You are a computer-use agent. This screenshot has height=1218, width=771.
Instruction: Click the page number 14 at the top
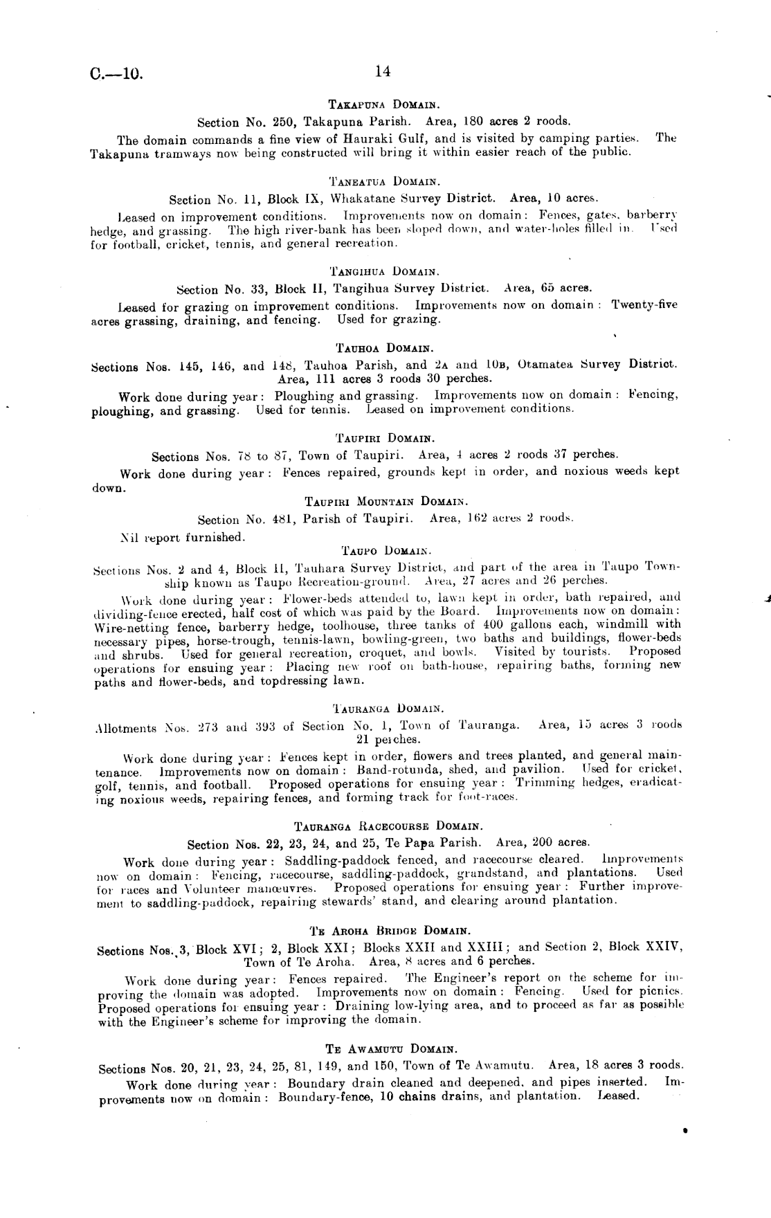click(x=383, y=71)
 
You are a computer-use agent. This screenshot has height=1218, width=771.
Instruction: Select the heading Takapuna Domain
click(x=386, y=105)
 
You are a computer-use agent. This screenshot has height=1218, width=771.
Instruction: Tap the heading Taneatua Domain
click(x=385, y=183)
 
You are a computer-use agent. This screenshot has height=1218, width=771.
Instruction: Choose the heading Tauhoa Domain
click(x=385, y=347)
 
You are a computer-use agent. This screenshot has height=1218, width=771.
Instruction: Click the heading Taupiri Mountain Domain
click(x=386, y=501)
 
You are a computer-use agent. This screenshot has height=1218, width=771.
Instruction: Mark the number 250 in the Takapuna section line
click(x=289, y=122)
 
